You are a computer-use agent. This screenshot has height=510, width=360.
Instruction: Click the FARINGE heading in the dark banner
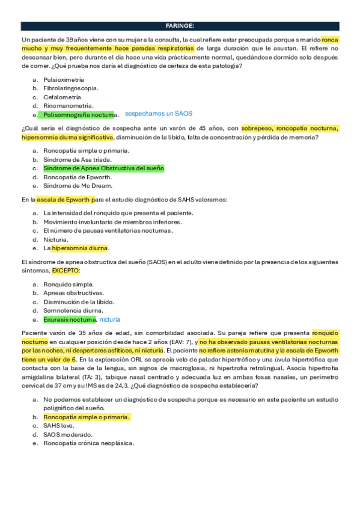coord(180,26)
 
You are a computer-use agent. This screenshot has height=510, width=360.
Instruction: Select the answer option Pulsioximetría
coord(63,79)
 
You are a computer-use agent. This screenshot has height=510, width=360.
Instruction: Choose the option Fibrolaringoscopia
coord(71,88)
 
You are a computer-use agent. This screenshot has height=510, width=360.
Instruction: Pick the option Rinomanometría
coord(67,105)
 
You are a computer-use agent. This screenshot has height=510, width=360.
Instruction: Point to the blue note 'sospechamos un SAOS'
coord(158,114)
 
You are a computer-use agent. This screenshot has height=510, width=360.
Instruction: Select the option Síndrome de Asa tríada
coord(75,159)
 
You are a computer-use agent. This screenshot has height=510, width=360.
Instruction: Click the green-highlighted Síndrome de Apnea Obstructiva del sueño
coord(103,168)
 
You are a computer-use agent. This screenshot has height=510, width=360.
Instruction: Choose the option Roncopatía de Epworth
coord(77,177)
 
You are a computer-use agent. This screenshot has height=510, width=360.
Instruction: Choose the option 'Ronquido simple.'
coord(69,284)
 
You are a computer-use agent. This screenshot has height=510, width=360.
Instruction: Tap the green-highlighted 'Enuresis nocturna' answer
coord(69,319)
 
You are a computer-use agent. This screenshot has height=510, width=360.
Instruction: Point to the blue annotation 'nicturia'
coord(111,319)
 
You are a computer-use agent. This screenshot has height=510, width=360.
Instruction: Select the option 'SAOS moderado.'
coord(67,434)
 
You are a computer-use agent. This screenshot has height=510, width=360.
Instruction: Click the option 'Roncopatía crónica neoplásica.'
coord(88,443)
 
